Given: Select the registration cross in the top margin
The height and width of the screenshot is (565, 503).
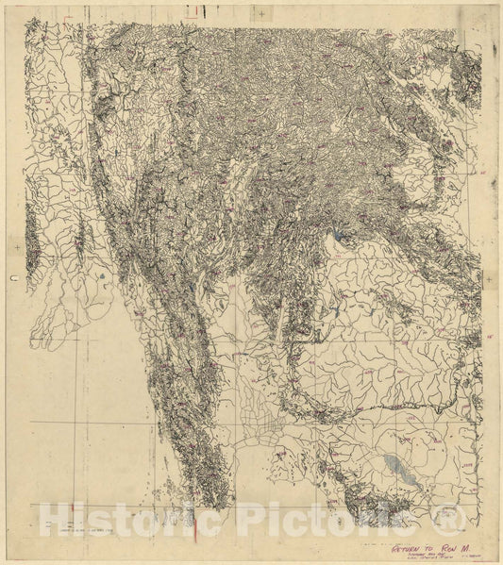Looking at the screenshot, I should click(x=261, y=12).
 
